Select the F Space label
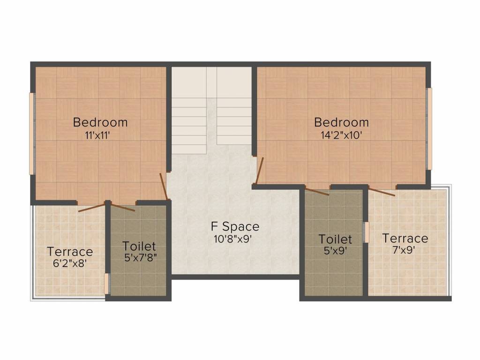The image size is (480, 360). pos(235,227)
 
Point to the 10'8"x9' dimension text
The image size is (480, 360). pos(235,238)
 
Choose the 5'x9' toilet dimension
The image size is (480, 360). pos(335,251)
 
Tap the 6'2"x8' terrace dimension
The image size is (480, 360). pos(70,263)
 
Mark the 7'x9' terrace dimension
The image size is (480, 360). pos(404,249)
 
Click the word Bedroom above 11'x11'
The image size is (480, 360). pos(100,123)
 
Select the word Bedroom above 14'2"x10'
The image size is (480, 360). pos(341,123)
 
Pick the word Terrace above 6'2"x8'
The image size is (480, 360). pos(70,252)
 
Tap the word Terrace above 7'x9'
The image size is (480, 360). pos(405,238)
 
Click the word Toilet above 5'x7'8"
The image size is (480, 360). pos(139,246)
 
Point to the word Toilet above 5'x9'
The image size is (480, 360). pos(335,240)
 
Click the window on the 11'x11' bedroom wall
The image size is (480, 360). pos(32,134)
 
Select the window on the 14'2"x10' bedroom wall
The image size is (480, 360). pos(429,129)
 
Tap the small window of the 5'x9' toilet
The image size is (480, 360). pos(367,232)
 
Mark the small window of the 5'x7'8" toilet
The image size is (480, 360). pos(107,283)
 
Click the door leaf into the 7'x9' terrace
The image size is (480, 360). pos(382,191)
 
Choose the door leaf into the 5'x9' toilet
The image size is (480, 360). pos(317,191)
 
